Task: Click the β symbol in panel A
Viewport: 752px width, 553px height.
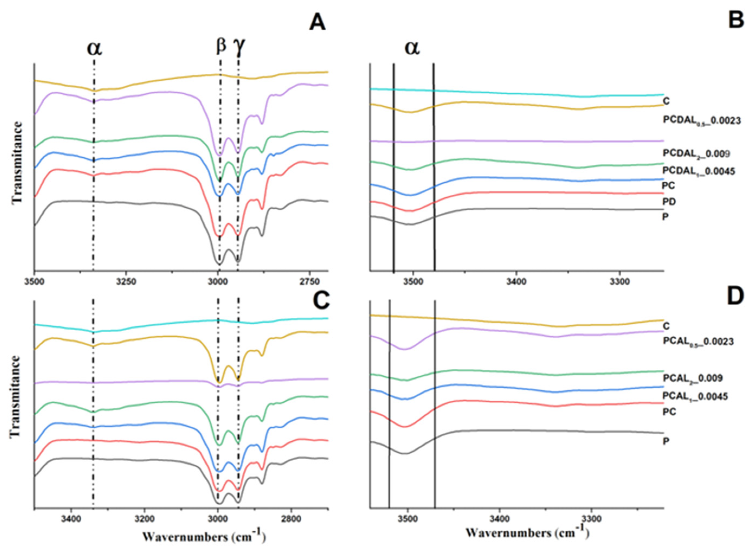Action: [221, 45]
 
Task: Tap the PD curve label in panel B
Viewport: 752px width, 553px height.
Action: [669, 201]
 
